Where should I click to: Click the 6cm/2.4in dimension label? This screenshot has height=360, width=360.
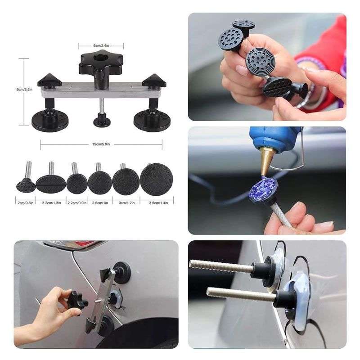pos(101,45)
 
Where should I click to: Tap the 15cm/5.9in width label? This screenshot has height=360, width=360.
pos(101,144)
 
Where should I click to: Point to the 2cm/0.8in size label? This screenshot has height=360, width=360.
pos(25,203)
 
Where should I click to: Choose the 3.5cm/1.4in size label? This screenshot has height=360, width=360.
pos(158,203)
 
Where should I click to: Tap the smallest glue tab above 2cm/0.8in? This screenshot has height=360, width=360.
pos(26,184)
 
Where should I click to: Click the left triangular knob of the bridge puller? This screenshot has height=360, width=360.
pos(48,81)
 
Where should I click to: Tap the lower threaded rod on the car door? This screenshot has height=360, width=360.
pos(238,296)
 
